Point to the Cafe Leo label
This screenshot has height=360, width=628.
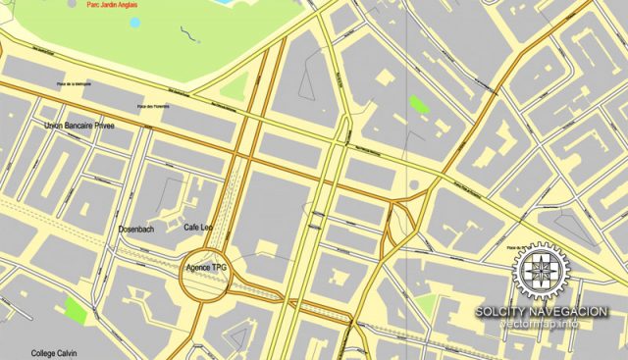tap(198, 228)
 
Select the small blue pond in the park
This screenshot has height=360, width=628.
tap(135, 22)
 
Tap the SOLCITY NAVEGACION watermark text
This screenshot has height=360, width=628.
tap(541, 312)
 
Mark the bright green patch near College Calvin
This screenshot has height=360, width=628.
tap(75, 311)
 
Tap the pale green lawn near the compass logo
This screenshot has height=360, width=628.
tap(426, 305)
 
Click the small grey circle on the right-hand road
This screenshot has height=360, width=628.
tap(414, 183)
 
